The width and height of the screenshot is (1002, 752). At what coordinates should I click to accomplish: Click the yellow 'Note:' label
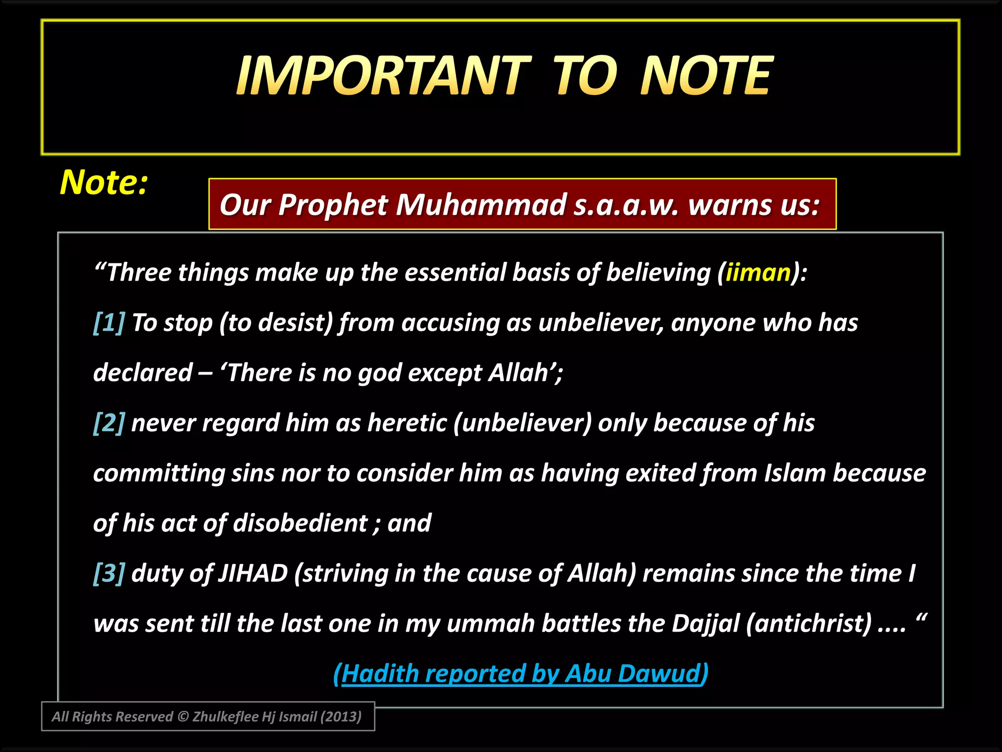pos(104,182)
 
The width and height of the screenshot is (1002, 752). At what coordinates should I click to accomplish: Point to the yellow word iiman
pos(758,272)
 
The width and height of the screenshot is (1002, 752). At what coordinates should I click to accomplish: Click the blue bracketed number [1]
pos(109,323)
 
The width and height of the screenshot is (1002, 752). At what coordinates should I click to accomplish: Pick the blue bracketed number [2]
pos(109,423)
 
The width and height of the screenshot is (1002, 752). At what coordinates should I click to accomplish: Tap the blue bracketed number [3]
pos(109,573)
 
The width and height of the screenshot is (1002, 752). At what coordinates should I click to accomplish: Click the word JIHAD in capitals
pos(252,573)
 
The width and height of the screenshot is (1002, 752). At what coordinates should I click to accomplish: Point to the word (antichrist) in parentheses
pos(809,624)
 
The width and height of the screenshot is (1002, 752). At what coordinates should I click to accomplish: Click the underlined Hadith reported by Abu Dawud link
pos(521,674)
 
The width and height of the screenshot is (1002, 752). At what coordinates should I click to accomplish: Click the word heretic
pos(407,423)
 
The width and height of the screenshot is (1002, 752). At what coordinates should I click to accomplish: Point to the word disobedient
pos(300,523)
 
